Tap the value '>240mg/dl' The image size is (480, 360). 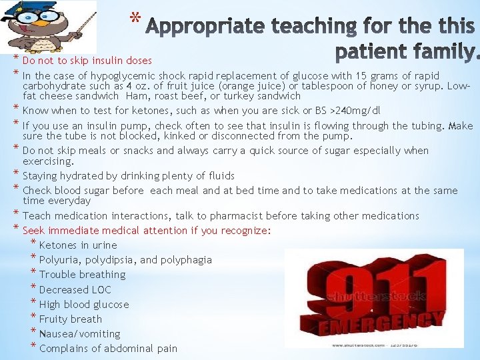[x=357, y=111]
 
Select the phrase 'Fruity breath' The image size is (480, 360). [x=71, y=319]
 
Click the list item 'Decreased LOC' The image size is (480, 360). [x=75, y=290]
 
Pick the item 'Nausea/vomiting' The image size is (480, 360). [x=80, y=334]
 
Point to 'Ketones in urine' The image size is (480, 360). [x=78, y=245]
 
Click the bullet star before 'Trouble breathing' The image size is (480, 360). [x=34, y=273]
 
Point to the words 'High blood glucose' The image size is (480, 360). [x=84, y=305]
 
